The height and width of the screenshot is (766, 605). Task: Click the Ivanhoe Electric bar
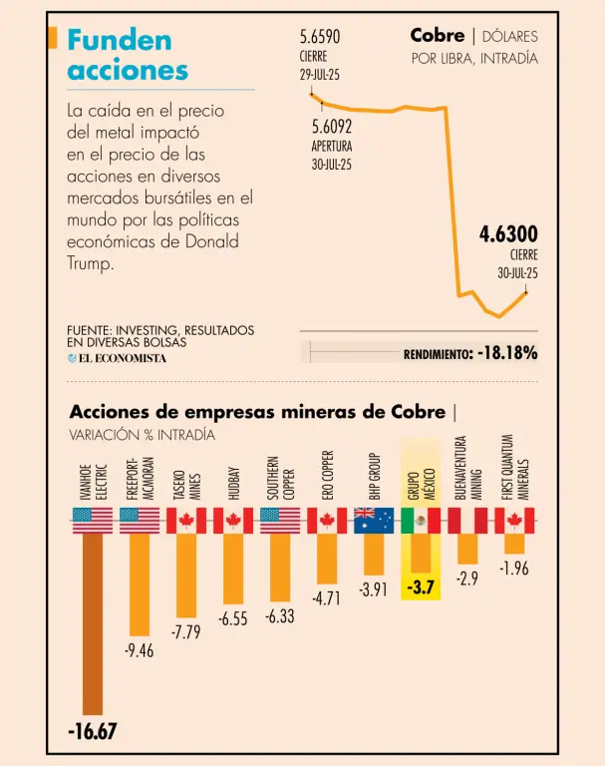point(93,623)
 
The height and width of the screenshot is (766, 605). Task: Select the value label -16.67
point(93,732)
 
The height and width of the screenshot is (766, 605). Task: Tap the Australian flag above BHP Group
point(374,521)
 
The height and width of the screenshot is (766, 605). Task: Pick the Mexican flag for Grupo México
point(421,521)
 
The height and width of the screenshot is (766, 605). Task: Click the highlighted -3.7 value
point(422,587)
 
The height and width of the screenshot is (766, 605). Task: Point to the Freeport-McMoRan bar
point(140,583)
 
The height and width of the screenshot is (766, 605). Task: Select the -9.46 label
point(140,651)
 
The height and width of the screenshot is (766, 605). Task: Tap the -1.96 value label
point(514,569)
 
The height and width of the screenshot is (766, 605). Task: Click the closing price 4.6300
point(508,235)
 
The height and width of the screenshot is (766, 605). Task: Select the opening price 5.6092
point(332,127)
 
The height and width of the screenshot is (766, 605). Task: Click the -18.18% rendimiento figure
point(507,353)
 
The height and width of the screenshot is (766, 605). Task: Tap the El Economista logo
point(117,358)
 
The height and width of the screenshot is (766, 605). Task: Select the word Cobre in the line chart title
point(437,36)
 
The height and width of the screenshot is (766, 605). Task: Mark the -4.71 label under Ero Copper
point(327,599)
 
